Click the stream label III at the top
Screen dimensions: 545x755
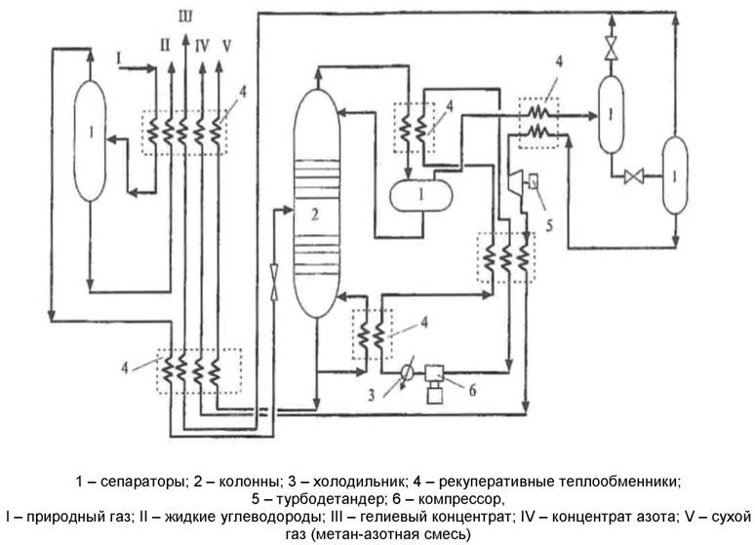pos(186,13)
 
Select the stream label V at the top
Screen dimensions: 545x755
pos(226,45)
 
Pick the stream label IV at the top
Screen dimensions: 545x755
pos(202,45)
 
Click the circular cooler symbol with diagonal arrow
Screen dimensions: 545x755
pos(406,370)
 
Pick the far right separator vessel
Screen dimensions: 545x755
pos(674,175)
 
